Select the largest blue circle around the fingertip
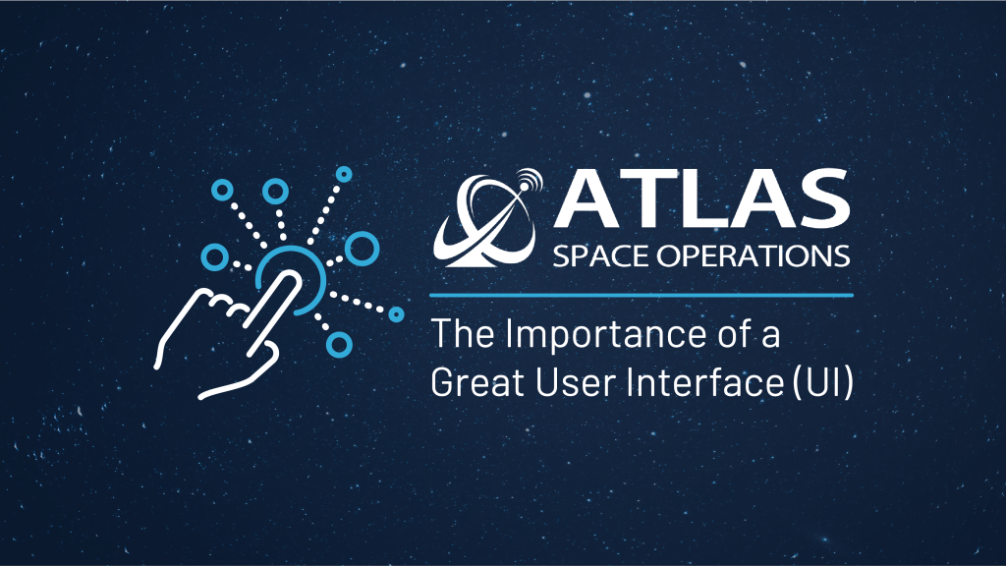(x=362, y=248)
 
